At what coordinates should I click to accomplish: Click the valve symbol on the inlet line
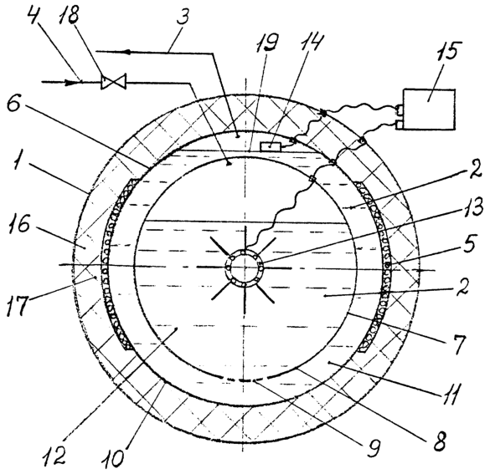[x=113, y=82]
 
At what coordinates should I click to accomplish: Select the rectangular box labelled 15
[x=429, y=109]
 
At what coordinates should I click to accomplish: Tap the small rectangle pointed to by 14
[x=271, y=146]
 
